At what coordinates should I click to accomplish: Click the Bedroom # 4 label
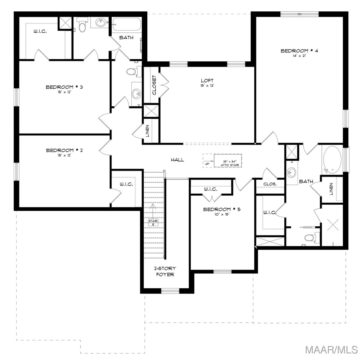click(x=299, y=51)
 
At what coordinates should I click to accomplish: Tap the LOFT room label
click(x=207, y=81)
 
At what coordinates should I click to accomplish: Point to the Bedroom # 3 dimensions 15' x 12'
click(x=64, y=92)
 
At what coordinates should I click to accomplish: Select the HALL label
click(x=178, y=160)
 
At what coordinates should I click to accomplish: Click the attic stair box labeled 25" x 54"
click(x=228, y=160)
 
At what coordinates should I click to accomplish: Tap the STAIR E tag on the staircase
click(x=153, y=222)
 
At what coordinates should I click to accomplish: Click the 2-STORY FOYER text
click(x=165, y=272)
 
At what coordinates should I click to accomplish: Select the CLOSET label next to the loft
click(x=154, y=85)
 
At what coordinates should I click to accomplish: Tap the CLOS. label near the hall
click(x=270, y=184)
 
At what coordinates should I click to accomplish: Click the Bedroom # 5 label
click(x=222, y=210)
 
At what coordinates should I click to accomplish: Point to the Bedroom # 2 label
click(x=64, y=150)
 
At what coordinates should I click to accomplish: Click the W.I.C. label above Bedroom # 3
click(x=40, y=31)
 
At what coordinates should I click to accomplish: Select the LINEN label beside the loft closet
click(x=147, y=131)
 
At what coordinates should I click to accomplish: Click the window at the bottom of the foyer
click(x=170, y=290)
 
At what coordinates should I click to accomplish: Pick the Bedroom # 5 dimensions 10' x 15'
click(x=222, y=214)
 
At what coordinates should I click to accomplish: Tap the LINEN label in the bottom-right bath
click(x=331, y=189)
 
